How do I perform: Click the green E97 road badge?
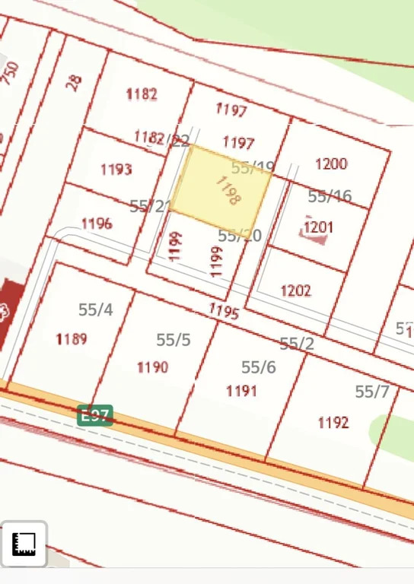(x=95, y=415)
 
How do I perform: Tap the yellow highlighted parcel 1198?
(x=221, y=186)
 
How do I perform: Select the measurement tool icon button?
(x=24, y=544)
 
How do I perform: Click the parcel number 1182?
(x=142, y=94)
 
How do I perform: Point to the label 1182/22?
(x=161, y=138)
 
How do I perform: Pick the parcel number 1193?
(x=116, y=169)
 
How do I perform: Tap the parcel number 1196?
(x=97, y=224)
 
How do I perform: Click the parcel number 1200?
(x=331, y=163)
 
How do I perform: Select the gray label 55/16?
(x=330, y=196)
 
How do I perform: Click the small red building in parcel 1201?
(x=314, y=236)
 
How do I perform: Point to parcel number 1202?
(x=295, y=290)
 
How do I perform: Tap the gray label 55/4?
(x=95, y=309)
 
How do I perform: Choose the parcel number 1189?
(x=72, y=339)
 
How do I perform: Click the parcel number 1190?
(x=152, y=367)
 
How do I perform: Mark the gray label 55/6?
(x=259, y=367)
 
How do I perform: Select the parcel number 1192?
(x=333, y=422)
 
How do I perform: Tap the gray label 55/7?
(x=372, y=392)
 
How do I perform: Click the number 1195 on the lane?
(x=224, y=311)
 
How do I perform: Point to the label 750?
(x=10, y=73)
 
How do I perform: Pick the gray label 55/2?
(x=297, y=344)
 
